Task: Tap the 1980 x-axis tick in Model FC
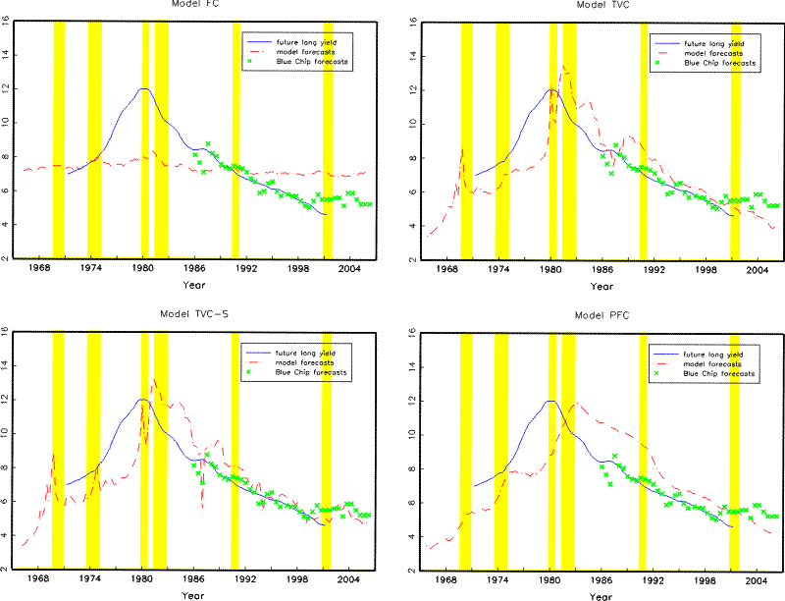143,268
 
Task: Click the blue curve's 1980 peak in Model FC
144,88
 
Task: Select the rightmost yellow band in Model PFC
734,452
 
